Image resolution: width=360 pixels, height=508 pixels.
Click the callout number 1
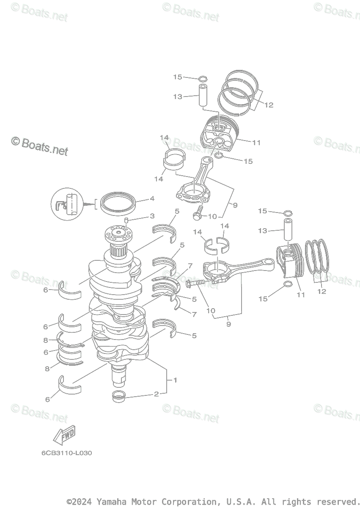click(x=175, y=380)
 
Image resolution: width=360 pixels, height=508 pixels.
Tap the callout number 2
click(x=156, y=394)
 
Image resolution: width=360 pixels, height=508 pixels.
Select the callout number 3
click(x=151, y=216)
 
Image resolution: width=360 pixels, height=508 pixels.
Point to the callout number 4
click(x=151, y=198)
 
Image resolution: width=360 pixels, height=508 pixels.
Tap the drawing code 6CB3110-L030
click(x=66, y=453)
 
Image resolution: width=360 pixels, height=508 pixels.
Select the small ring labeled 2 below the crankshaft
click(x=119, y=397)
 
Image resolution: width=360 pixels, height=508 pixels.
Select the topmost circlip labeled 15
click(x=203, y=78)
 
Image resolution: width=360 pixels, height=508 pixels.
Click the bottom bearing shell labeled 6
click(x=69, y=385)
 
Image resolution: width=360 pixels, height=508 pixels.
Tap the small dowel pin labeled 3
click(x=126, y=220)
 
